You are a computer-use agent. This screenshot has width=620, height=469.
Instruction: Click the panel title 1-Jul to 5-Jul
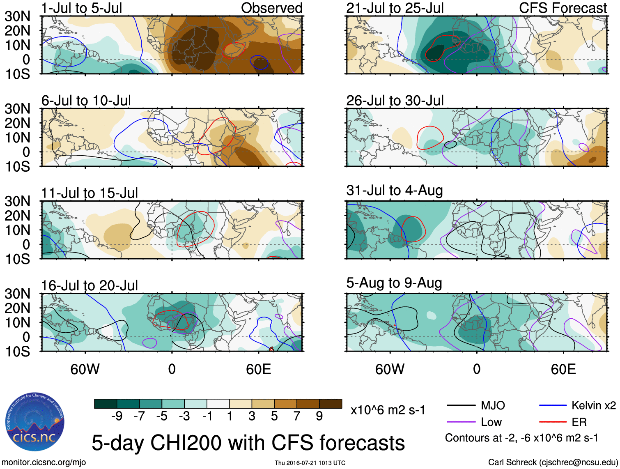pos(82,8)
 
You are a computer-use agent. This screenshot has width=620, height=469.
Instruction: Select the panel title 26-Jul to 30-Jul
pos(395,100)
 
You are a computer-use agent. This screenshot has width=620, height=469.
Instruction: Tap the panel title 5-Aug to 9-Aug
pos(394,283)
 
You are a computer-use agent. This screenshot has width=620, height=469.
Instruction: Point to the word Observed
pos(271,8)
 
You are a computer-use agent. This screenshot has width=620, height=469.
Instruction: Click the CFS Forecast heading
pos(563,8)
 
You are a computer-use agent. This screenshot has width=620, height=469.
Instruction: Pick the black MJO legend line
pos(461,406)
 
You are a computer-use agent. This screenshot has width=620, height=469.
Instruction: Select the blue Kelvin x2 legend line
pos(553,406)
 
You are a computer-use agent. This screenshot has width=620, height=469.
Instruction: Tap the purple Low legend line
pos(461,422)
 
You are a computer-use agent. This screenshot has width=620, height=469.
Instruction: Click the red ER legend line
pos(553,422)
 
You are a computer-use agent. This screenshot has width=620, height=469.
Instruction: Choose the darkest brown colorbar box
pos(331,404)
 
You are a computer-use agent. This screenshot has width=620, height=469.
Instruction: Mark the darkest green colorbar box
pos(106,404)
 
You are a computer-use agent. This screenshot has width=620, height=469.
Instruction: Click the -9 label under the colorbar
pos(117,416)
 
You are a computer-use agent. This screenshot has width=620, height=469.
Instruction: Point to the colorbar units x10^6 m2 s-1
pos(388,410)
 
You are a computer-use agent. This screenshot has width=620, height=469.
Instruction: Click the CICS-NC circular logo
pos(35,422)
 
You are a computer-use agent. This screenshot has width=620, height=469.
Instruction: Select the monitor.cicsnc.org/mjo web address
pos(44,462)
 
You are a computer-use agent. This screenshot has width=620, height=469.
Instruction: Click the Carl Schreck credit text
pos(553,462)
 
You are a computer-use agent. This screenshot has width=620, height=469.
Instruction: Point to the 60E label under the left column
pos(258,369)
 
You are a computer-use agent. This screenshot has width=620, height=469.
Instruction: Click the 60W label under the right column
pos(390,369)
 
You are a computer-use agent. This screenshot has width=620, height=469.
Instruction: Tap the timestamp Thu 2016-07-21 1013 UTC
pos(310,463)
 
